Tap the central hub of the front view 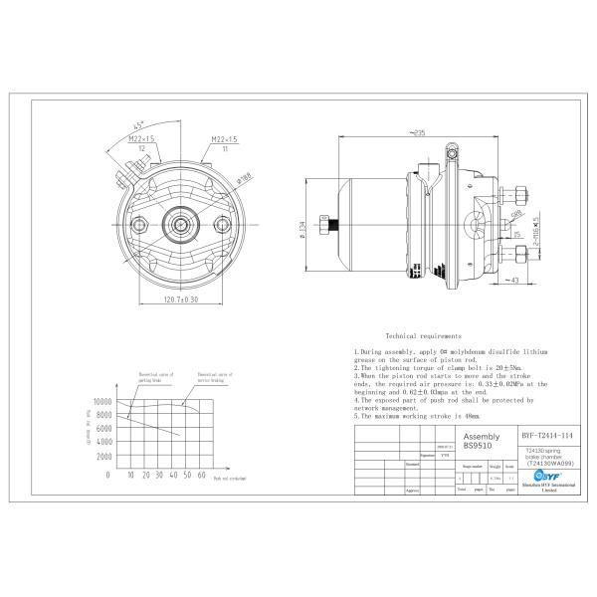tap(180, 224)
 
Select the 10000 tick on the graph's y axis tap(101, 402)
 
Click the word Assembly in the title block tap(483, 436)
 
